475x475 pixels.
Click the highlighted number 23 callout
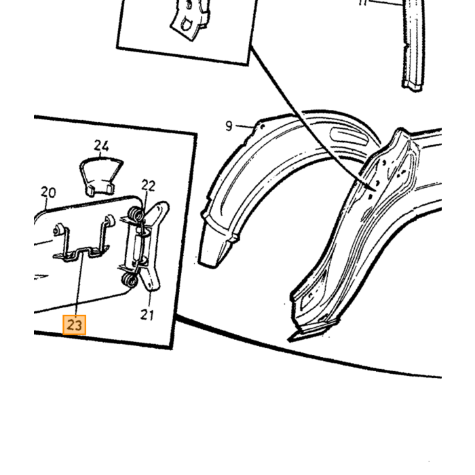[74, 325]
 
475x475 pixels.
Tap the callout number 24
[101, 146]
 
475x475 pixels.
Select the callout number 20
[48, 192]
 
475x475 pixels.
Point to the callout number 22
[149, 185]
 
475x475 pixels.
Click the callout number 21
[147, 315]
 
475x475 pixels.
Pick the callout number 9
[229, 126]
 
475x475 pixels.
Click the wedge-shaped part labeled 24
[101, 176]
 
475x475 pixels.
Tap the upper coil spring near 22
[135, 214]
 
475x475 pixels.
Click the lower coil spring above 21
[130, 280]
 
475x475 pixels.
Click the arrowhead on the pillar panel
[372, 187]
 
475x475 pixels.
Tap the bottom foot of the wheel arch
[212, 252]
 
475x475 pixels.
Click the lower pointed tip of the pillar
[290, 340]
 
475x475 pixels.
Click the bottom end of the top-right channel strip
[413, 85]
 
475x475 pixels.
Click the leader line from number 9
[244, 126]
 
